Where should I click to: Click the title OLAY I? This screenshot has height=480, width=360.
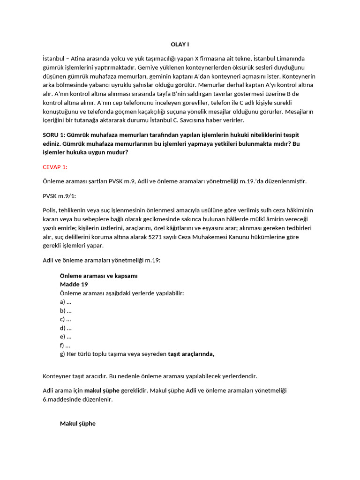coord(180,45)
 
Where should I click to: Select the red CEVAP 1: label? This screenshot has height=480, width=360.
coord(55,167)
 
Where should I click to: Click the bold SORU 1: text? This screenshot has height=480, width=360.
coord(56,135)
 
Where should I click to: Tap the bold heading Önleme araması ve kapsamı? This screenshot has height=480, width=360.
coord(98,276)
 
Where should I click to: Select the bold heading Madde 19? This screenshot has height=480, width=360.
coord(74,284)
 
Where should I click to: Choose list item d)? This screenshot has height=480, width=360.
coord(66,328)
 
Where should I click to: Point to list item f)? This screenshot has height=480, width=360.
coord(65,345)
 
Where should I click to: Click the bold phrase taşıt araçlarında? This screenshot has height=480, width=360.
coord(191,354)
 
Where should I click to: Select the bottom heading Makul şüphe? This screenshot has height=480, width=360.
coord(77,424)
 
